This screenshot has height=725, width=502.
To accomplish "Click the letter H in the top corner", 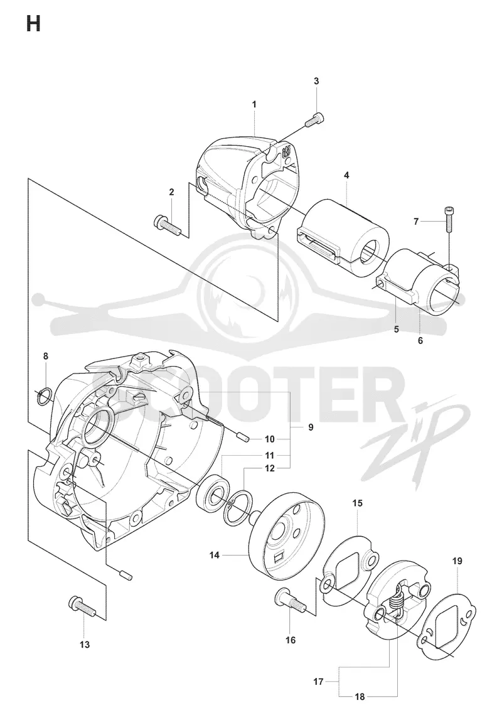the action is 33,23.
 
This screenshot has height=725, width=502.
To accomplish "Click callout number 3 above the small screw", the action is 317,81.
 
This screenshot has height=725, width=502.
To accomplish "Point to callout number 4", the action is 346,175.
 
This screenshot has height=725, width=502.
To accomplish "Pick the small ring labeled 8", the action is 45,396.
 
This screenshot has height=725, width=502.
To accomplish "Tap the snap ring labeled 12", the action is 239,509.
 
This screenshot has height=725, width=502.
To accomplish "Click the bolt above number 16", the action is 291,599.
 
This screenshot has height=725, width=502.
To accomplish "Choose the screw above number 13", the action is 82,606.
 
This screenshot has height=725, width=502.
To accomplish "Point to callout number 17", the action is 318,682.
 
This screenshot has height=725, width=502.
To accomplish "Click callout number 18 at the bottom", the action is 360,697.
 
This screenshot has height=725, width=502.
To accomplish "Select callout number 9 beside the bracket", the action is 311,427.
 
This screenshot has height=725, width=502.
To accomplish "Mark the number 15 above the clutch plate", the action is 357,503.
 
